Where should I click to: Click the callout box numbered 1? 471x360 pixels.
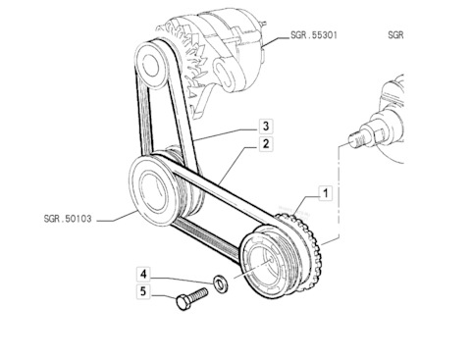coord(325,193)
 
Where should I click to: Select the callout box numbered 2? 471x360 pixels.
coord(266,144)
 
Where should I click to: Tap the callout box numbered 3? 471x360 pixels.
coord(266,126)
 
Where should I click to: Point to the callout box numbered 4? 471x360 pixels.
coord(143,274)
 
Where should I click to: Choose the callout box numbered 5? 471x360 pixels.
coord(143,291)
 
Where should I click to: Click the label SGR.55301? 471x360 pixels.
coord(314,35)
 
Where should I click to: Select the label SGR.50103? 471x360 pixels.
coord(68,219)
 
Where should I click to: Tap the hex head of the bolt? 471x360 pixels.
coord(183,302)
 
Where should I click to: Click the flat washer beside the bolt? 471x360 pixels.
coord(221,283)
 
